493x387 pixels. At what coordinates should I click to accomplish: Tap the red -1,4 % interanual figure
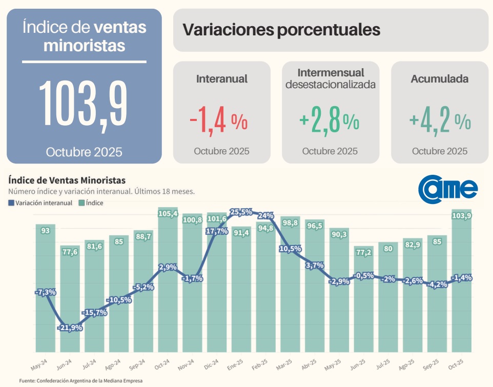click(219, 121)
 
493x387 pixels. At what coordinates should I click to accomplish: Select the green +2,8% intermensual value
click(330, 121)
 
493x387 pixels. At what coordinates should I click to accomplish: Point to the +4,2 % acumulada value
click(440, 121)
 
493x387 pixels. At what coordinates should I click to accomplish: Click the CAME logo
click(448, 188)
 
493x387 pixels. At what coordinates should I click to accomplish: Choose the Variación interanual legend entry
click(40, 203)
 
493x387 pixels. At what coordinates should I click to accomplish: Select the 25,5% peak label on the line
click(241, 212)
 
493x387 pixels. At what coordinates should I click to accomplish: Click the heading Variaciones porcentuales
click(281, 30)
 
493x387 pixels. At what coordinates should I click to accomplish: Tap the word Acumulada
click(439, 79)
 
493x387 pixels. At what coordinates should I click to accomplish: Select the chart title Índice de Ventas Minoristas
click(67, 180)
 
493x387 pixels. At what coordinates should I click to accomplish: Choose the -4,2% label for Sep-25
click(438, 284)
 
